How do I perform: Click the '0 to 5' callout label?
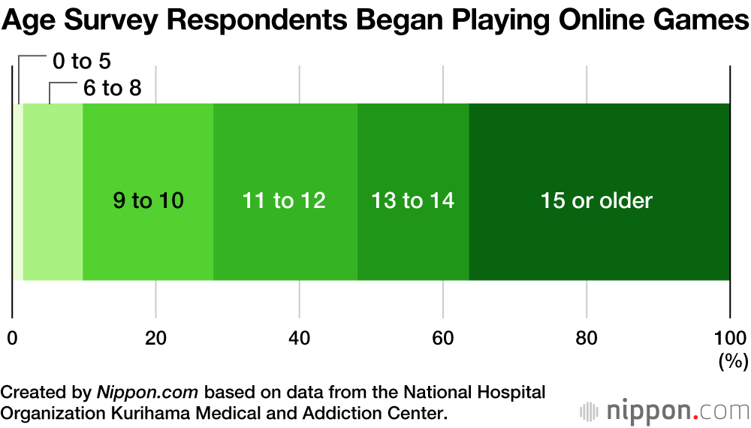81,62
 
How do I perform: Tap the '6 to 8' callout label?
112,88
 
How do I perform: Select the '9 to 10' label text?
148,200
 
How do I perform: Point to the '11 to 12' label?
284,200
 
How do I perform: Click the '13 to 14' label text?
413,200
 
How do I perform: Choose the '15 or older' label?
597,200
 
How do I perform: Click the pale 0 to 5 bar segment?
18,191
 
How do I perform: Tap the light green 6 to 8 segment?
53,191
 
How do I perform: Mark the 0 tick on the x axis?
12,338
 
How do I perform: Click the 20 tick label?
155,338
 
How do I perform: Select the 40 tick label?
300,338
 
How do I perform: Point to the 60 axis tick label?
442,338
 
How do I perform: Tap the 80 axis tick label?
587,338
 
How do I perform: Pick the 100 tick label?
731,338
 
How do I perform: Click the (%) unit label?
733,361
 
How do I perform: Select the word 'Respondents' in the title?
257,20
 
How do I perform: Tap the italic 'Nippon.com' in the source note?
147,392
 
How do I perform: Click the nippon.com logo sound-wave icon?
589,411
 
